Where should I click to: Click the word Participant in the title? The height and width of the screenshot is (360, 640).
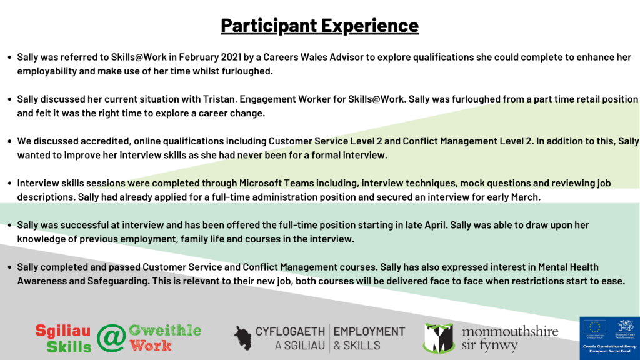point(269,26)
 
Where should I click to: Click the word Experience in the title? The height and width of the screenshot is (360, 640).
point(370,26)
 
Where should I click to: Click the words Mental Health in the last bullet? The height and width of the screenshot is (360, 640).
point(568,267)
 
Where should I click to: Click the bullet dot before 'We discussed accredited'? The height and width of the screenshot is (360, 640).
point(9,142)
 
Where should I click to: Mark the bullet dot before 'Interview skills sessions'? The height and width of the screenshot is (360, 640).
point(9,184)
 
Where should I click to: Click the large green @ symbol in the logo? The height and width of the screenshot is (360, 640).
point(111,338)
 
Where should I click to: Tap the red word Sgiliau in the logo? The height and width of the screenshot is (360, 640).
point(63,331)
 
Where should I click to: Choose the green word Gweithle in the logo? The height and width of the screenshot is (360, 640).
point(165,331)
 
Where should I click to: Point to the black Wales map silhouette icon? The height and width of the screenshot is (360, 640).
point(243,338)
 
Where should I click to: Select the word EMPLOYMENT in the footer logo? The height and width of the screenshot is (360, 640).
point(369,332)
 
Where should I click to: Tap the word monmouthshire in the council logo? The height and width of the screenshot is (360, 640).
point(510,331)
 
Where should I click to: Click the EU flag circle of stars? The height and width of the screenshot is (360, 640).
point(595,327)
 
